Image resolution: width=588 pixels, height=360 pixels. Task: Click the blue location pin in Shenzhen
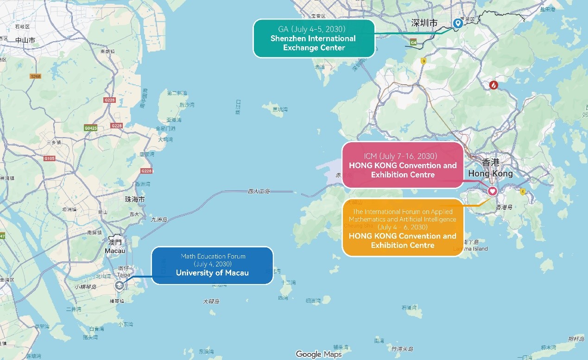[458, 23]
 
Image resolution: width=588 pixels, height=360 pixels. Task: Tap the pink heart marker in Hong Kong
[492, 191]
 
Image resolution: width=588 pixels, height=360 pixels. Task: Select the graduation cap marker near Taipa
[120, 285]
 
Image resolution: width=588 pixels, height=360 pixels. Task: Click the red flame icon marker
[494, 86]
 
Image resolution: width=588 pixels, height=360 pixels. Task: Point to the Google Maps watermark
[319, 354]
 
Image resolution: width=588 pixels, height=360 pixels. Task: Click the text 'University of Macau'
[212, 273]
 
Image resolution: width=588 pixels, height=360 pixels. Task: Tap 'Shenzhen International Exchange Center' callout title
[314, 43]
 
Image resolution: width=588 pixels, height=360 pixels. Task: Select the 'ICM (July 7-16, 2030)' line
[403, 156]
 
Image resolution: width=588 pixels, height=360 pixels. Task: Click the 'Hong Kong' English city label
[491, 174]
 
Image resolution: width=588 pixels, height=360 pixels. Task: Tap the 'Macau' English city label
[115, 251]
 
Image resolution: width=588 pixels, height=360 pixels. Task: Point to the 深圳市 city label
[424, 23]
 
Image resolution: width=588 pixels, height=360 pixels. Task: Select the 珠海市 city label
[135, 199]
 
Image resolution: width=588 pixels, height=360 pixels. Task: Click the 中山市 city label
[25, 40]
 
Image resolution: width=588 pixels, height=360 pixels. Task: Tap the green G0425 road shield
[91, 127]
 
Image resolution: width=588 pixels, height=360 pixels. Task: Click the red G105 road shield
[50, 158]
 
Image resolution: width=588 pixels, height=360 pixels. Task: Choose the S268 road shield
[35, 76]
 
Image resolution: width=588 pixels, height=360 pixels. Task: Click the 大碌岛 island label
[211, 302]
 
